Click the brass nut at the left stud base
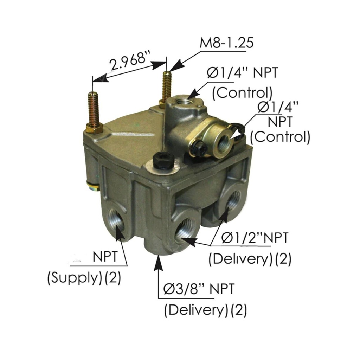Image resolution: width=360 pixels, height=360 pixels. tap(94, 128)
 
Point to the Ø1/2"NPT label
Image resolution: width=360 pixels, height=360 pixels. tap(255, 238)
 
